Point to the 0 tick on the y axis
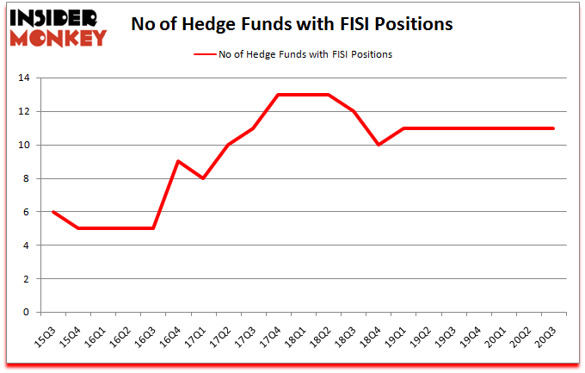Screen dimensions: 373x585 pos(27,313)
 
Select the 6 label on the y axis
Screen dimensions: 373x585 pos(27,212)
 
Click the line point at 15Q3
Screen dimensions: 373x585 pos(52,212)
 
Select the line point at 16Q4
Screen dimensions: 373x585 pos(177,162)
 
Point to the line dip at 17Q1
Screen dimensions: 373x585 pos(202,178)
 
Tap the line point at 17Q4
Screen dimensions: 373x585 pos(277,95)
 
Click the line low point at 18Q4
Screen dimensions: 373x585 pos(378,145)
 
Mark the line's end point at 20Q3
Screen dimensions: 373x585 pos(552,128)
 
